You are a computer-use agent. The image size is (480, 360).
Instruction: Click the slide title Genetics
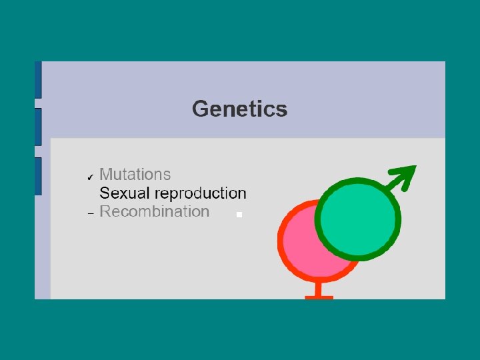(x=239, y=109)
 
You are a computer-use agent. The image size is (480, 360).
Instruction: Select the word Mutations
(x=135, y=175)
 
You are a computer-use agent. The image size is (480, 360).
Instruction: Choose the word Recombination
(x=154, y=212)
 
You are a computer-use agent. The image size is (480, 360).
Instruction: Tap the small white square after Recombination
(x=239, y=215)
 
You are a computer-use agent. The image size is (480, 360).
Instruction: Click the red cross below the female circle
(x=319, y=293)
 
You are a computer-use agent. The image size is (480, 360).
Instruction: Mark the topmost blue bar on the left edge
(x=38, y=79)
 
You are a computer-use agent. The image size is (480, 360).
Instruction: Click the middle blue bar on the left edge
(x=38, y=127)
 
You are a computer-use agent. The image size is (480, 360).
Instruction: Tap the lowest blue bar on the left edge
(x=38, y=176)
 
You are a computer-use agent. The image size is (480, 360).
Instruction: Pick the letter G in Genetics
(x=201, y=109)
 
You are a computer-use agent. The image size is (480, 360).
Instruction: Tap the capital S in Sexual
(x=104, y=193)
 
